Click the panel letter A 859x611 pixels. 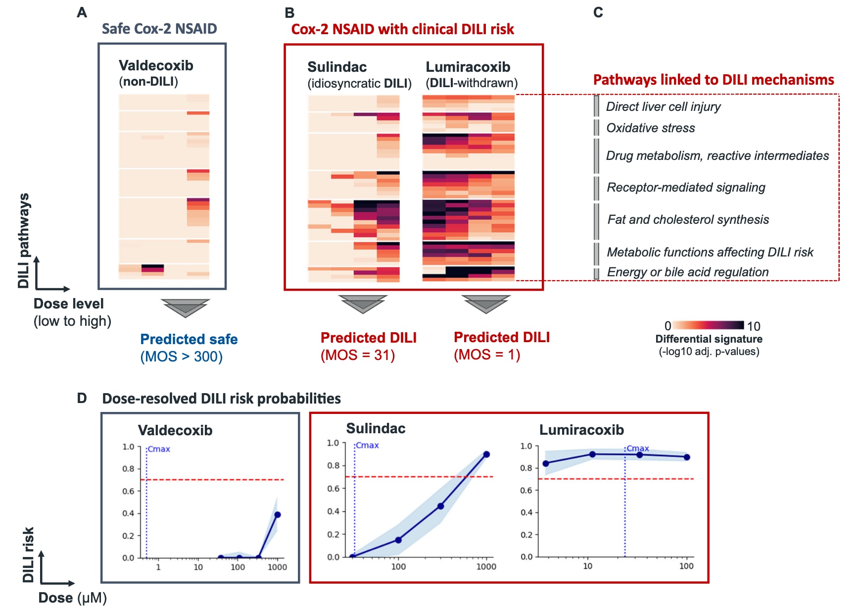[x=82, y=12]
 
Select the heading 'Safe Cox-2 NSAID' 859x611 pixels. [x=159, y=29]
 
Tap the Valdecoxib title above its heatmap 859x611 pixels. [x=156, y=65]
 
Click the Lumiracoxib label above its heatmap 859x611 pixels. [x=468, y=67]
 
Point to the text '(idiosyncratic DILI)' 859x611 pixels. [x=359, y=83]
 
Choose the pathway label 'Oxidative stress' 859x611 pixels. [x=650, y=128]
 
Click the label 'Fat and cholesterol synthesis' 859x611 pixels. [x=688, y=219]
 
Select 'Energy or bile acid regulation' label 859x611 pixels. [x=687, y=272]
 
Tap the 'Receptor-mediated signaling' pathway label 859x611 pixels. [x=686, y=187]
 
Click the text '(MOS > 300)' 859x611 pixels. [x=181, y=356]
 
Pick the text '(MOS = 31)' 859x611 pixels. [x=357, y=355]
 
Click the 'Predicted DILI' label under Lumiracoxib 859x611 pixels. [x=502, y=337]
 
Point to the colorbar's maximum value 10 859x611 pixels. [x=754, y=326]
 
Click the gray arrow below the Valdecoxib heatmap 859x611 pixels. [x=186, y=307]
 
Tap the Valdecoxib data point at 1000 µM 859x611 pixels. [x=278, y=515]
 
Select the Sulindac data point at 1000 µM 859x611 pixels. [x=486, y=454]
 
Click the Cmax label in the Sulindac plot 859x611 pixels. [x=367, y=445]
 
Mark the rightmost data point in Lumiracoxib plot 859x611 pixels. [x=687, y=457]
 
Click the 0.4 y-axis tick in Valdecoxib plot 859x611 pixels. [x=128, y=513]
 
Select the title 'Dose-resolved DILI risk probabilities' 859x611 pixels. [x=221, y=399]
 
